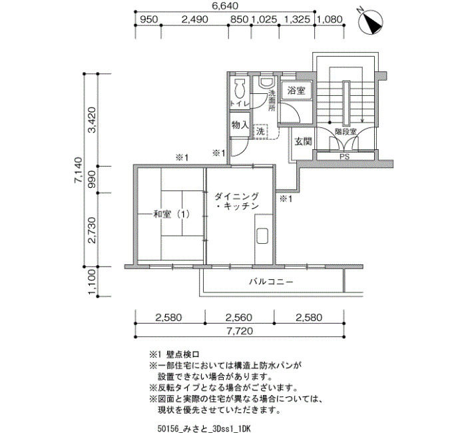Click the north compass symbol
coord(371,22)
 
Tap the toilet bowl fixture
coord(240,89)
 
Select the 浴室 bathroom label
coord(296,91)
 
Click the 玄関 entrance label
coord(303,141)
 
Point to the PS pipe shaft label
coord(345,157)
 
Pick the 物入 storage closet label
coord(240,125)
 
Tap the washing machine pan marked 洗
coord(260,131)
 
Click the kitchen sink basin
coord(262,236)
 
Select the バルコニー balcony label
coord(271,281)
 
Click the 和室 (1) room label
coord(172,214)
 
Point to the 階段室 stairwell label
coord(346,132)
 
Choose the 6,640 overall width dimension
coord(224,5)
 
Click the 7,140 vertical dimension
coord(79,170)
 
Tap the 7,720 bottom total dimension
coord(240,330)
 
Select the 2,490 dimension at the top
coord(194,19)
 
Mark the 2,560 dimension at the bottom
coord(238,318)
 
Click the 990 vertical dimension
coord(92,179)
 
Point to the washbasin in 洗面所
coord(266,83)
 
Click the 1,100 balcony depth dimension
coord(92,283)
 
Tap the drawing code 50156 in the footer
coord(167,428)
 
